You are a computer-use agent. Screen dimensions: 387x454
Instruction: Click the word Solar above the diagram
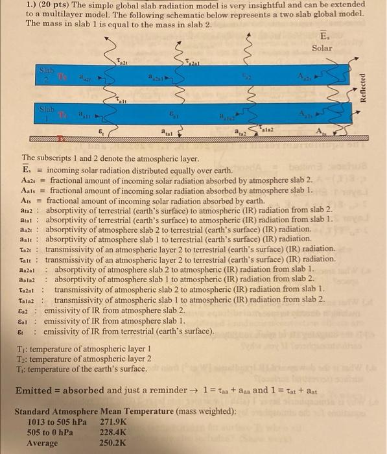(322, 48)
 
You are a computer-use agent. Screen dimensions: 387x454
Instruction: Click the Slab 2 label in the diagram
(47, 74)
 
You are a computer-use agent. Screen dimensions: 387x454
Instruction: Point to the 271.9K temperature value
(114, 421)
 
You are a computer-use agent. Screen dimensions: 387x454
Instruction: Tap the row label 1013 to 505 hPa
(56, 421)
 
